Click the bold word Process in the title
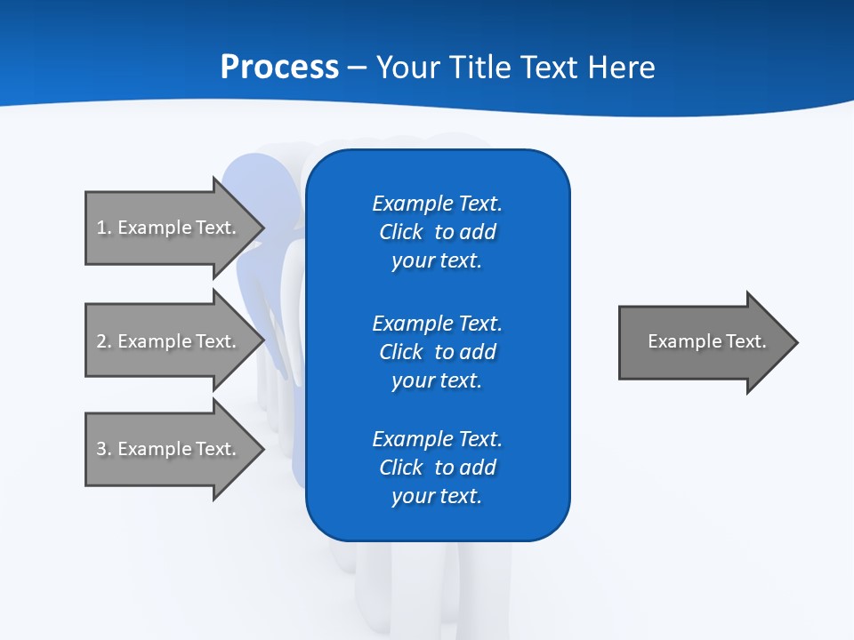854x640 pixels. point(279,68)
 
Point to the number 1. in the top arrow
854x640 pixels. point(104,228)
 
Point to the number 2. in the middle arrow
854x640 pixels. point(104,341)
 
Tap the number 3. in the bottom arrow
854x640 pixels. point(104,449)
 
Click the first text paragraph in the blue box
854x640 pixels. point(437,232)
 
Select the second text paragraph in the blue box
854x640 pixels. point(437,352)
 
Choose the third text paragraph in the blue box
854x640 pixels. point(437,468)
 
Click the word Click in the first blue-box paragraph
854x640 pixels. point(400,232)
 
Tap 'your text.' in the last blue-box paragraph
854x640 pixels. point(437,496)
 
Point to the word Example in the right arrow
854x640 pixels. point(681,341)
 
